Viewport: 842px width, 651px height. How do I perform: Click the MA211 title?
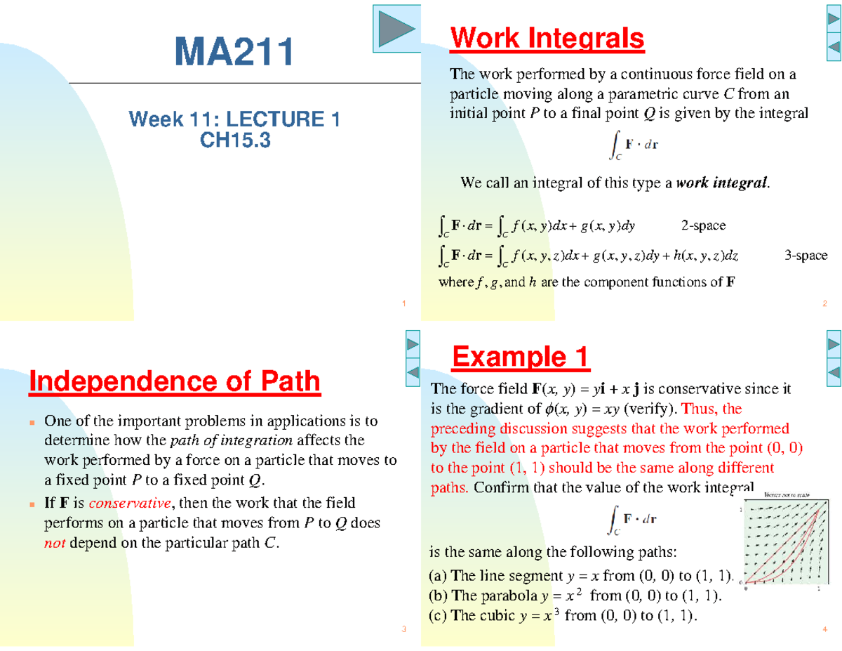pos(234,53)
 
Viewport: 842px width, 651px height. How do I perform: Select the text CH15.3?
pos(234,141)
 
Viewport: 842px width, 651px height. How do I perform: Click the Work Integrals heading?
pos(547,38)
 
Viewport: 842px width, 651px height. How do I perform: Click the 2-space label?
pos(703,225)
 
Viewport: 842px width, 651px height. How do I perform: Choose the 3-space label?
pos(806,256)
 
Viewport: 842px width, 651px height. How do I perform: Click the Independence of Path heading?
pos(175,382)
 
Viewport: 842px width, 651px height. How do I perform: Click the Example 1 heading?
pos(521,357)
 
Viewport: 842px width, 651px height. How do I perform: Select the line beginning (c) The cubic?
pos(564,616)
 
